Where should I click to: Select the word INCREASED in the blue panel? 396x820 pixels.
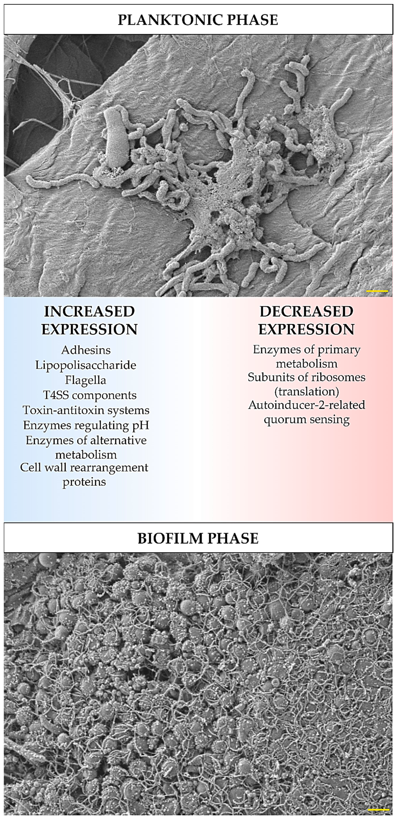(89, 312)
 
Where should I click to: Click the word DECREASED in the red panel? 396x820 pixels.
(306, 312)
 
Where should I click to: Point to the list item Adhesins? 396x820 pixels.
(86, 350)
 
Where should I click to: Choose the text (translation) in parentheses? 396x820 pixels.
(306, 391)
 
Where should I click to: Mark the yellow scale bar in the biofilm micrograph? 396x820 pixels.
(378, 809)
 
